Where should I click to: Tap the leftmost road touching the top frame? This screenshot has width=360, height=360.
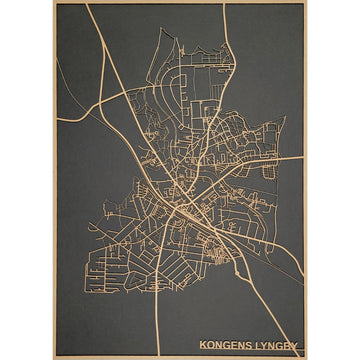pos(88,4)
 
